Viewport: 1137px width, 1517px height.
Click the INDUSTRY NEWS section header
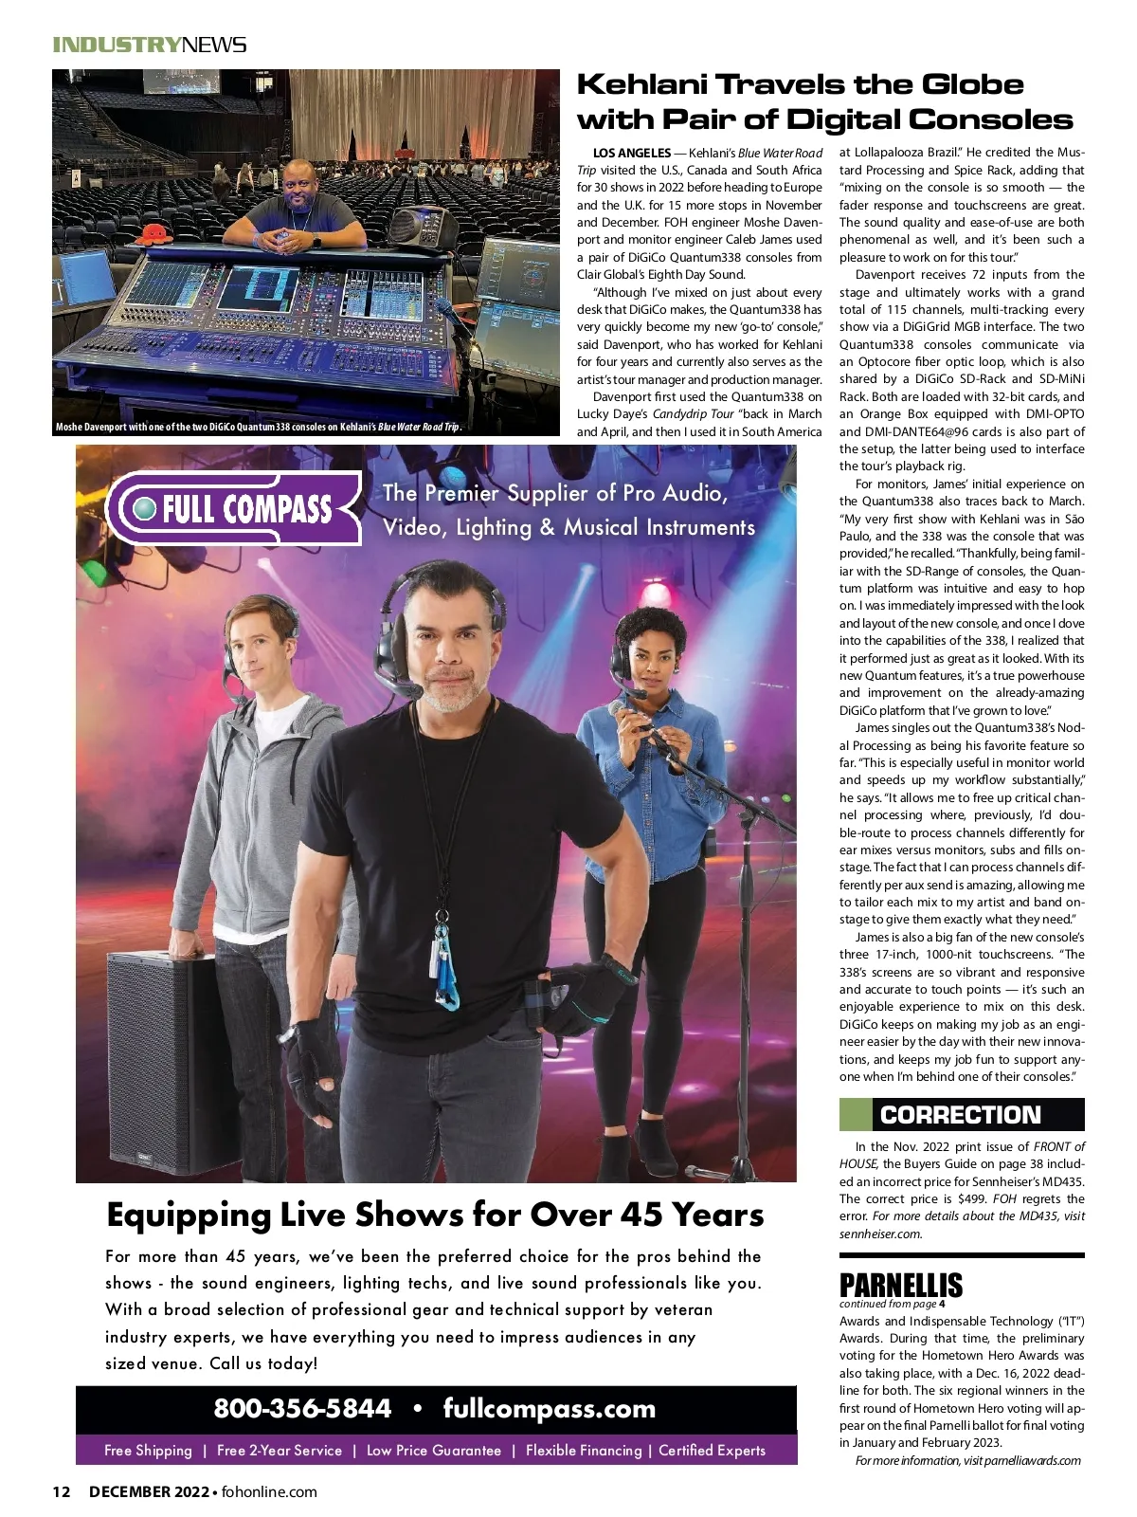(x=150, y=45)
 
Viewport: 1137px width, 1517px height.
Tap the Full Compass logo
(x=233, y=509)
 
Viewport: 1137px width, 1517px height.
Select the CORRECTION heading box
(x=961, y=1115)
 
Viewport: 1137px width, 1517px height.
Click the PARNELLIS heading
(x=900, y=1285)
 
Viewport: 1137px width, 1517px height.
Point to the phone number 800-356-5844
(x=302, y=1408)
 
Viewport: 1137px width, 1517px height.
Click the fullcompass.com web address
(x=549, y=1408)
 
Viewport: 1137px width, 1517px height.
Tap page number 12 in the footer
(x=62, y=1491)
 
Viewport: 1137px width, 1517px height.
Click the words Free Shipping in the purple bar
(x=148, y=1451)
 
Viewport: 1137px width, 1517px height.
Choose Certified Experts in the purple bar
(x=712, y=1451)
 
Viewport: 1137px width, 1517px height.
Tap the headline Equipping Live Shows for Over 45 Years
(x=435, y=1215)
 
